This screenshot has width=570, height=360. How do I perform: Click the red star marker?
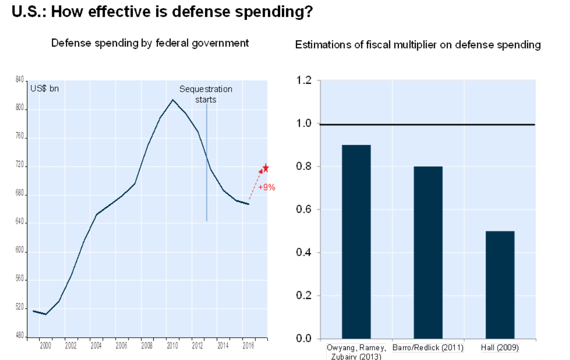[266, 168]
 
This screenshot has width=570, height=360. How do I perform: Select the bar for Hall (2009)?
[500, 285]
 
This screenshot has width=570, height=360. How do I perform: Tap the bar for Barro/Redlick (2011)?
[428, 252]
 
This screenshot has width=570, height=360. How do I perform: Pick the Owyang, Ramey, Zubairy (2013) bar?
[356, 242]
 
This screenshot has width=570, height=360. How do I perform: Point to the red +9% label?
[267, 188]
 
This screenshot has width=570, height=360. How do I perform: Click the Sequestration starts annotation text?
[206, 94]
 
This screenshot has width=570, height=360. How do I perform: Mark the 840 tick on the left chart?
[20, 81]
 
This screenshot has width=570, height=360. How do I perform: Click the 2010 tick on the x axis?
[172, 345]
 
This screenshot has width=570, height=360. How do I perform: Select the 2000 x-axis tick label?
[45, 345]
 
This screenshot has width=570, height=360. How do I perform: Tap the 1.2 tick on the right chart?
[304, 81]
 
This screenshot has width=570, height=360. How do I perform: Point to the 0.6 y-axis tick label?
[304, 210]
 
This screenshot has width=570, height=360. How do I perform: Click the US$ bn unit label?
[45, 88]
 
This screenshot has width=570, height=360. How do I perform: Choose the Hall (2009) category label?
[500, 348]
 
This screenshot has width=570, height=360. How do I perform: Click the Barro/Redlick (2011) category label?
[428, 348]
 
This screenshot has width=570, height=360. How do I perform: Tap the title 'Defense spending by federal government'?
[150, 43]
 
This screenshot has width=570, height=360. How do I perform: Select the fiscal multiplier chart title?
[418, 45]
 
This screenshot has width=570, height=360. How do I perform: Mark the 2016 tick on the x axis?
[248, 345]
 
